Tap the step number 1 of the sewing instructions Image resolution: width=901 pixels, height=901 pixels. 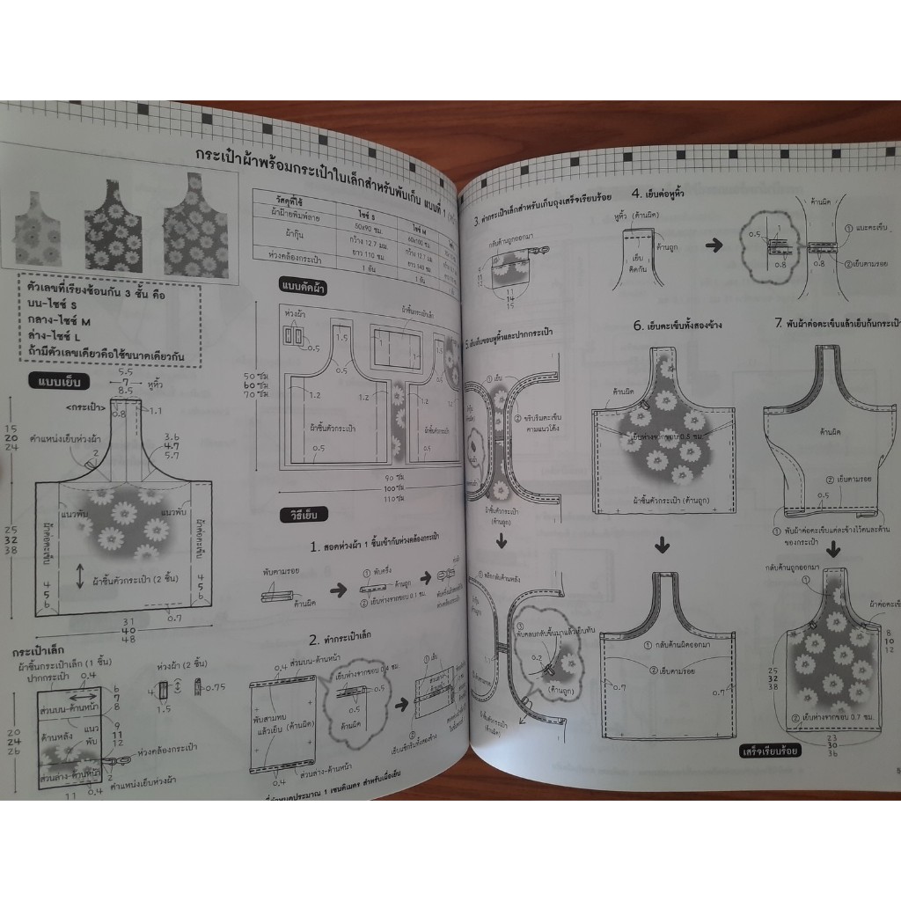coord(314,546)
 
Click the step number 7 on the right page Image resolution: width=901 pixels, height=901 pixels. coord(779,323)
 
